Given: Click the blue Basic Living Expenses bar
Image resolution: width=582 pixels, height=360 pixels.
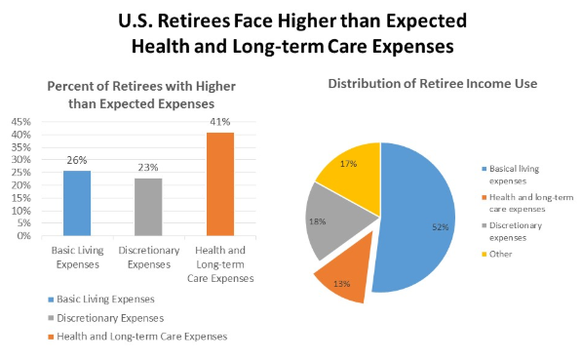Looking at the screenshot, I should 77,203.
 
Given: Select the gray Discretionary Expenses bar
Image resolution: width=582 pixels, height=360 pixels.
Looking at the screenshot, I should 148,207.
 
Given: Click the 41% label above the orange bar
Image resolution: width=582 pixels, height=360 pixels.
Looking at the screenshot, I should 219,123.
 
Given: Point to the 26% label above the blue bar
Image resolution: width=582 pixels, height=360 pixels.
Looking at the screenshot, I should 77,161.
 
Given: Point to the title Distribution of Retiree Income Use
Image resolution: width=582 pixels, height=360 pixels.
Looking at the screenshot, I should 432,84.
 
